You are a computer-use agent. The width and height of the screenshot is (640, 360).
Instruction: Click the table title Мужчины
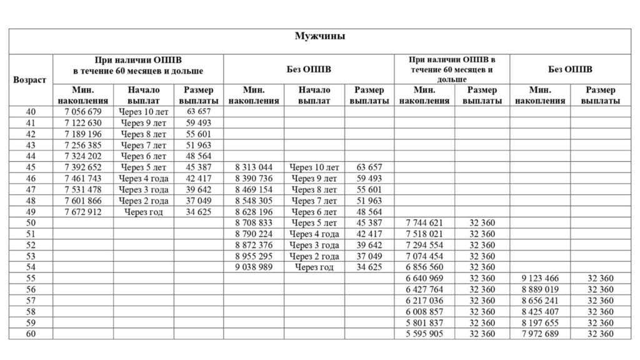pos(319,36)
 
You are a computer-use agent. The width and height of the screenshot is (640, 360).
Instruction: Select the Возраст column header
pos(30,80)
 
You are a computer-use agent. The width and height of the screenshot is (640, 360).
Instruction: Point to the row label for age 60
pos(30,334)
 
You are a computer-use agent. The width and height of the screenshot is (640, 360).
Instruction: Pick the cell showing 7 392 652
pos(82,167)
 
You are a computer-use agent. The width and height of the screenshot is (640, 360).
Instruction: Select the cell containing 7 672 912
pos(82,212)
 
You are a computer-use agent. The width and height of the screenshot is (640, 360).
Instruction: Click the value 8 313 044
pos(254,167)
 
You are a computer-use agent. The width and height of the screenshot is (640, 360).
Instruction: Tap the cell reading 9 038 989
pos(254,267)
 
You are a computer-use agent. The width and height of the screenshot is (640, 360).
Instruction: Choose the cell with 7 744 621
pos(424,223)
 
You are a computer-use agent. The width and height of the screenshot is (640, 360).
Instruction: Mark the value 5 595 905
pos(424,334)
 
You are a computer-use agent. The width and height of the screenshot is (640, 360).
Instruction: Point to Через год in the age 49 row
pos(144,212)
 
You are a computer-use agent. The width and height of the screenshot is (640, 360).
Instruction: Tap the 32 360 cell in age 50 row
pos(482,223)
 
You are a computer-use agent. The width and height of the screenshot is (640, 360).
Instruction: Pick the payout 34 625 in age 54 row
pos(369,267)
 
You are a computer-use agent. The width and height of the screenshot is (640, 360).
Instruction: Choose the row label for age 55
pos(30,278)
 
